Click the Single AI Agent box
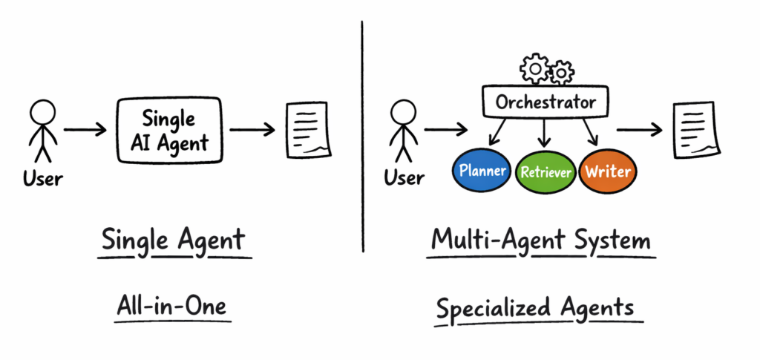170,131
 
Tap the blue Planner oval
482,171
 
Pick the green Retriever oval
546,172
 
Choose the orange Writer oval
607,171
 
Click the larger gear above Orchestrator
535,69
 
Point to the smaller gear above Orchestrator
562,72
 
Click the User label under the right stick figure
404,178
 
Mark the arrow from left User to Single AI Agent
85,131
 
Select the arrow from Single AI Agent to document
251,131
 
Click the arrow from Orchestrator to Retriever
546,132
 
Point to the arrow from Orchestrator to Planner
496,131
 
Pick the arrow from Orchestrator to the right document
641,130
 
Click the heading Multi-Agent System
542,241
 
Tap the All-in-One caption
173,307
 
